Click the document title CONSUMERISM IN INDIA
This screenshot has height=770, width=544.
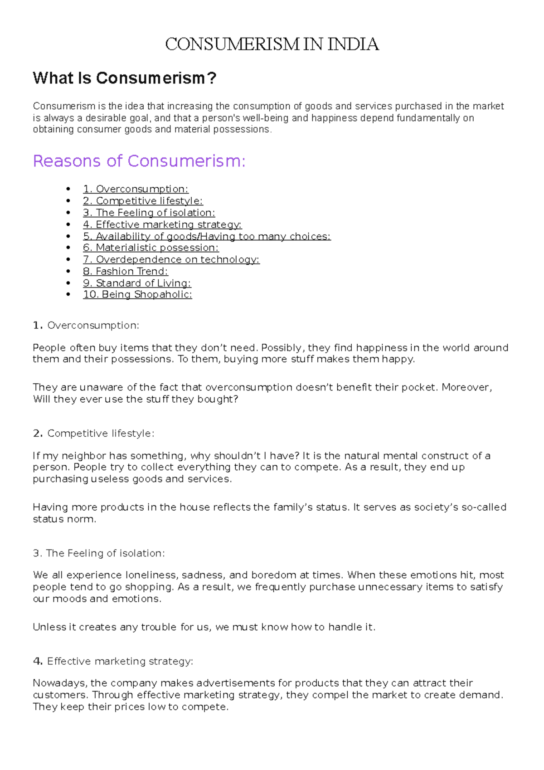coord(272,44)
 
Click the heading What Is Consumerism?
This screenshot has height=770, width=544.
coord(124,78)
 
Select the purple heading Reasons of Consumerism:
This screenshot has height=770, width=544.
coord(139,161)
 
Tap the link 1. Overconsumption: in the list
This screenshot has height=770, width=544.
coord(136,189)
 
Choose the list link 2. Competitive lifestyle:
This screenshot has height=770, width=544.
coord(143,201)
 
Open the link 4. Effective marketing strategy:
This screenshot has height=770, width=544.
coord(162,224)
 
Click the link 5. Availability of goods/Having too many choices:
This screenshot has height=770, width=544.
coord(207,236)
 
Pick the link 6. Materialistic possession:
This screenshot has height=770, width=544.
coord(151,248)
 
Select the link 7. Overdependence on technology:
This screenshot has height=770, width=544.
coord(171,259)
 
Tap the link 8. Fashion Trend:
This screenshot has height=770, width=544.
coord(125,271)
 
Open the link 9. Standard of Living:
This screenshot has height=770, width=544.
coord(137,283)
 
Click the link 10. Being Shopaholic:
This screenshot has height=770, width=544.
coord(137,294)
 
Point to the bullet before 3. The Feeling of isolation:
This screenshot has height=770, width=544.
coord(68,213)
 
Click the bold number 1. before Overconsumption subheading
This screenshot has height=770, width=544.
coord(38,325)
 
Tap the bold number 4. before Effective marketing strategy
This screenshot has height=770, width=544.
coord(38,661)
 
